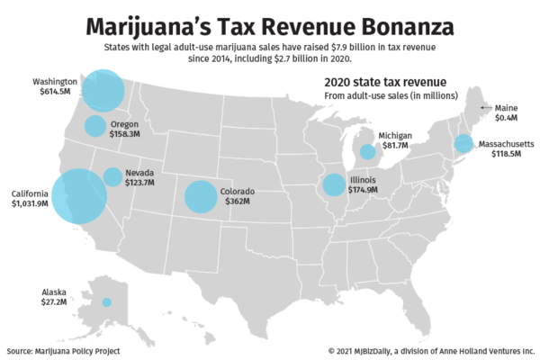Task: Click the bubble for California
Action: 79,195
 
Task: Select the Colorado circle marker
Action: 200,196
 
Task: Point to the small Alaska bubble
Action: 106,302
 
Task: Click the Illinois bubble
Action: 334,185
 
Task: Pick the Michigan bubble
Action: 367,151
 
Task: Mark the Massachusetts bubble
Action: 463,144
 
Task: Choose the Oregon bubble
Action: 95,126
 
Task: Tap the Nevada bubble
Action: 112,176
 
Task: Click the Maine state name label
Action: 507,107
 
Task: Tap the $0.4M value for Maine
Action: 506,118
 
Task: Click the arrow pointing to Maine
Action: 486,107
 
